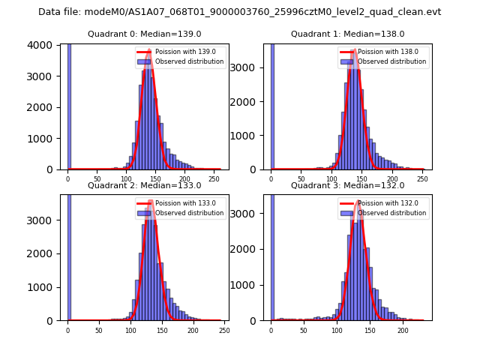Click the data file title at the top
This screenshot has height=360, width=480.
[x=239, y=12]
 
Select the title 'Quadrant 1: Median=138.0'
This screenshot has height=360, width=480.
[x=347, y=34]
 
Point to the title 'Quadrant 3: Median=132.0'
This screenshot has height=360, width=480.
[x=347, y=185]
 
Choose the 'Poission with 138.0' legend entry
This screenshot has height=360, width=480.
[x=383, y=52]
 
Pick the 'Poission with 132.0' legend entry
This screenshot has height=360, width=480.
[x=383, y=202]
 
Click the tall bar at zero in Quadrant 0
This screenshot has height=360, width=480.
[x=69, y=105]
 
